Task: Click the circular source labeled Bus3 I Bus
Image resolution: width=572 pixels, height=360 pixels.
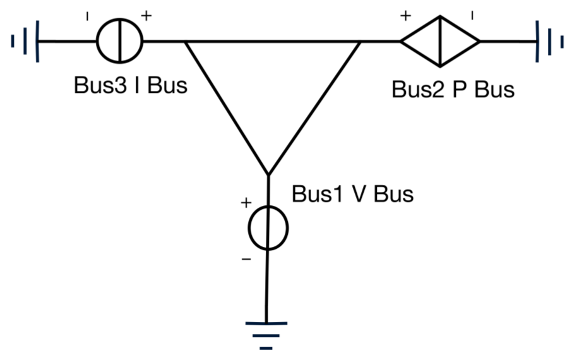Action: click(x=120, y=42)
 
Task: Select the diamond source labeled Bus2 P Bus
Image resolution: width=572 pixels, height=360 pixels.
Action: click(x=440, y=42)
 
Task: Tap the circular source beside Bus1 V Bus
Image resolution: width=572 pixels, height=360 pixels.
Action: click(x=268, y=228)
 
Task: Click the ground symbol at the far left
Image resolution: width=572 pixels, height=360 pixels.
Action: click(x=26, y=42)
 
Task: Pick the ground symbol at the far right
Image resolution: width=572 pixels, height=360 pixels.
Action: click(x=549, y=42)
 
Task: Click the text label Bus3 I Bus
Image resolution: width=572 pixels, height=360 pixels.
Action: click(x=131, y=85)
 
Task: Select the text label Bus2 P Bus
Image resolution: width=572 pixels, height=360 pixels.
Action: click(x=453, y=90)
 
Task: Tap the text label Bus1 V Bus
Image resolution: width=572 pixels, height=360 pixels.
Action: click(x=352, y=194)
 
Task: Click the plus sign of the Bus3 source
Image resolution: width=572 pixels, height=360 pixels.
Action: click(x=146, y=16)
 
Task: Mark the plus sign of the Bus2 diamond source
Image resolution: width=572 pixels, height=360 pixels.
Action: click(x=405, y=16)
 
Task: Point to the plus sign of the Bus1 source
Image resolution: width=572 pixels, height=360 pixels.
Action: click(x=246, y=203)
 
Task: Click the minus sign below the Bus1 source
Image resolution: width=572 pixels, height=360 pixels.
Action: click(x=246, y=259)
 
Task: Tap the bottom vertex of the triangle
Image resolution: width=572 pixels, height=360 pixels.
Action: click(x=268, y=174)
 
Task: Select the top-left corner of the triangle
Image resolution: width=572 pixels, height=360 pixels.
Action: click(x=185, y=42)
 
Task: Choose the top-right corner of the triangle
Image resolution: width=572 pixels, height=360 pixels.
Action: click(x=360, y=42)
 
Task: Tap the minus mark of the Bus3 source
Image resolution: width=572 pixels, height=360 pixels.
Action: click(x=86, y=17)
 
